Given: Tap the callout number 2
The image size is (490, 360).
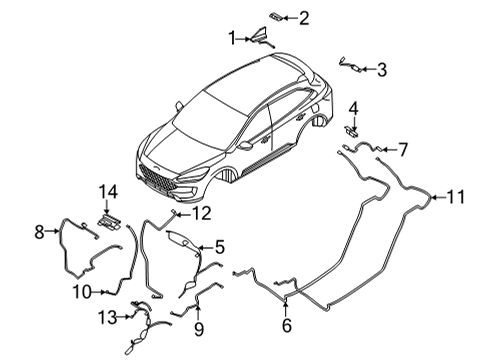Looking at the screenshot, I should click(x=304, y=16).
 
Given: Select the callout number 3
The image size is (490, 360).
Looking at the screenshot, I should click(x=383, y=69).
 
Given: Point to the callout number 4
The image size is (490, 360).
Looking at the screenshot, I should click(x=353, y=107).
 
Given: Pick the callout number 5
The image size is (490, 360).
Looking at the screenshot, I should click(x=219, y=246).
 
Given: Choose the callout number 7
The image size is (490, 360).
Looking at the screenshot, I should click(x=404, y=150).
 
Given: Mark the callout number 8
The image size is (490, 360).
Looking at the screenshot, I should click(x=39, y=232).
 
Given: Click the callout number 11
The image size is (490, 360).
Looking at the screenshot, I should click(x=456, y=197).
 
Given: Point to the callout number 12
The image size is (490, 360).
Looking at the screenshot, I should click(x=203, y=212).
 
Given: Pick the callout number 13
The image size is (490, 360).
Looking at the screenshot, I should click(x=107, y=317).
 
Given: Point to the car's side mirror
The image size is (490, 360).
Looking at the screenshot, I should click(x=245, y=145).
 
